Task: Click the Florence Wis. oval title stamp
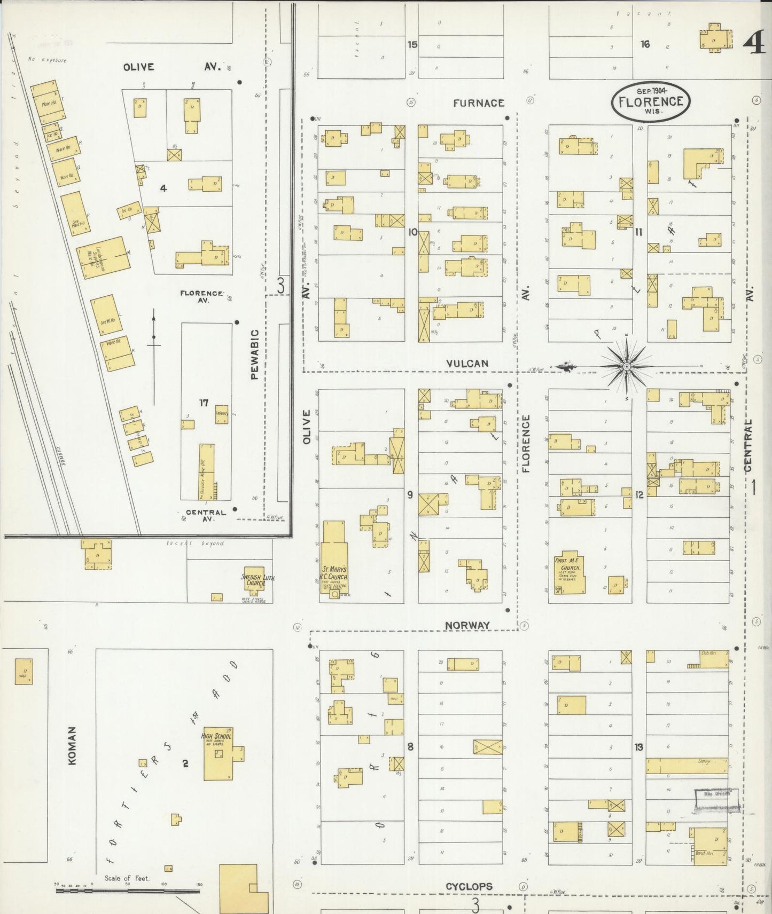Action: (x=651, y=101)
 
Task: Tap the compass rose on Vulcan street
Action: (x=626, y=366)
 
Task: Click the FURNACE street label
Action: (x=478, y=103)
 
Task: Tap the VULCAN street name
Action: (x=467, y=364)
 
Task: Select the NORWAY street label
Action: (x=467, y=625)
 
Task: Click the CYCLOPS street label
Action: (x=469, y=887)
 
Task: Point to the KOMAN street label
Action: (x=73, y=745)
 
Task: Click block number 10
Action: (x=412, y=233)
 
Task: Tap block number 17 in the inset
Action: (x=204, y=403)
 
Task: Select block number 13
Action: (x=639, y=747)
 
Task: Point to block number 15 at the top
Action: (x=412, y=44)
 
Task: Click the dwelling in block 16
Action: (x=714, y=37)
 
